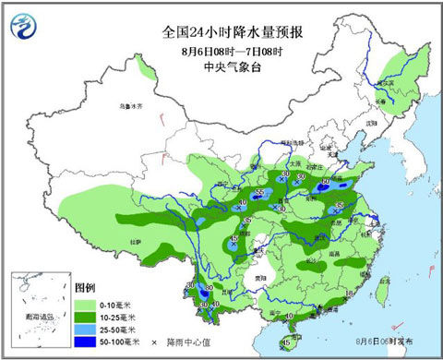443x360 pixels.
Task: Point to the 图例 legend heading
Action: (85, 287)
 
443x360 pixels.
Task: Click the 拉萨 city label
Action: (136, 241)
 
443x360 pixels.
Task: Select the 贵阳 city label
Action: (263, 274)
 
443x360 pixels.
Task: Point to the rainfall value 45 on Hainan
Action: (289, 342)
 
